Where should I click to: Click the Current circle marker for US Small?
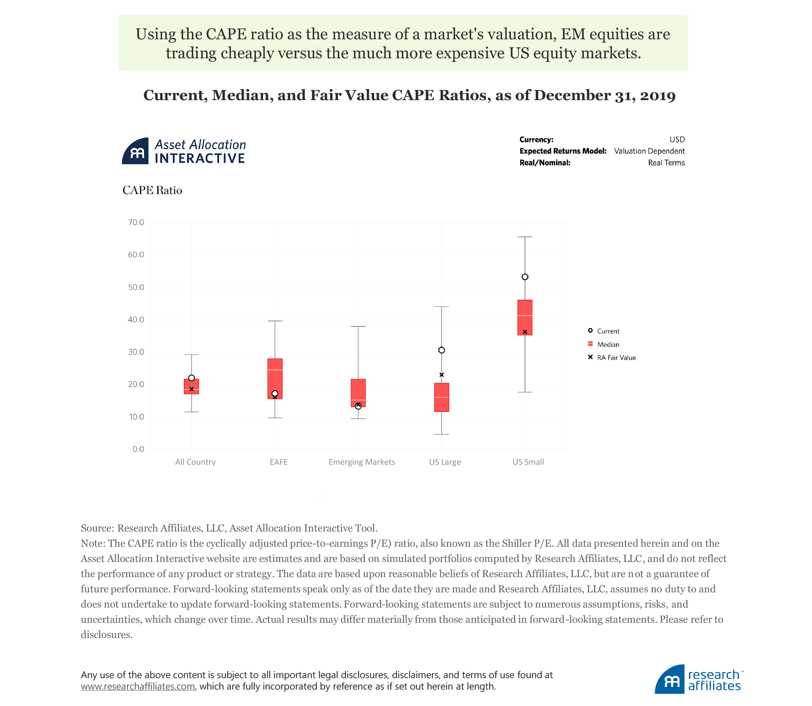525,277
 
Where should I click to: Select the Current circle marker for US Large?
442,350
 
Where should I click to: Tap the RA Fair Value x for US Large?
442,375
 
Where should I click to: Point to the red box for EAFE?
275,379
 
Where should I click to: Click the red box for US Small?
525,317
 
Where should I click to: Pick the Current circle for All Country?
192,378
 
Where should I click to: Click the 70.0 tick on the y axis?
136,223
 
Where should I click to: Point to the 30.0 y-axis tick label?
136,352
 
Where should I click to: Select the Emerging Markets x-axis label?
362,462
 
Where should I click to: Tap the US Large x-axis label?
445,462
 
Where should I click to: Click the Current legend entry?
608,331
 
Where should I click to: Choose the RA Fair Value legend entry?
616,358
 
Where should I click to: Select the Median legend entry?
608,345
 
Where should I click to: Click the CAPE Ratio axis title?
152,191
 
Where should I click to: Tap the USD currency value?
677,140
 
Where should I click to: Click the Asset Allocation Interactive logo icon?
135,151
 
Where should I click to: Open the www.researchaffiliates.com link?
138,687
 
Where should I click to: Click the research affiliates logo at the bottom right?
699,679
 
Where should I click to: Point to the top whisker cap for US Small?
525,237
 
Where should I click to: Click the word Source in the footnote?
96,529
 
